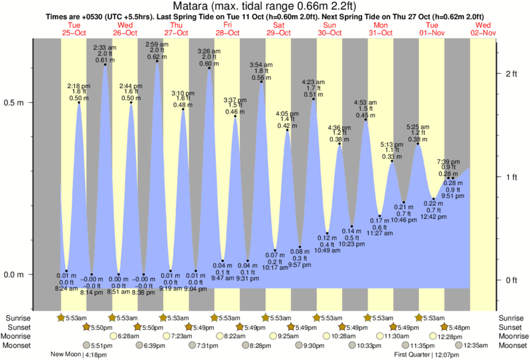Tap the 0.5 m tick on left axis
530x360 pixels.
15,103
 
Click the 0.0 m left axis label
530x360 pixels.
15,275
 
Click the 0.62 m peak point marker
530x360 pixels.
157,61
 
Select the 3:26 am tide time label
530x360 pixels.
209,51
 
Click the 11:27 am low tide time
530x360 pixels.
379,234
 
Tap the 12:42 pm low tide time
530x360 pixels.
433,216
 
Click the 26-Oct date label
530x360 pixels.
125,32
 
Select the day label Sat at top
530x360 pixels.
279,25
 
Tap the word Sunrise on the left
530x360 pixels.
17,318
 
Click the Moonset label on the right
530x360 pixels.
513,345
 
